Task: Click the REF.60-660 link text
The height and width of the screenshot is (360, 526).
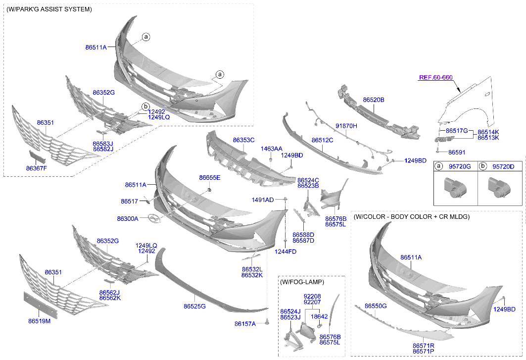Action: (435, 77)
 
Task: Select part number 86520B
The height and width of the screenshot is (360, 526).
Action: (374, 100)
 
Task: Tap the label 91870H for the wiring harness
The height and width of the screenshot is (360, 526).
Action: (346, 126)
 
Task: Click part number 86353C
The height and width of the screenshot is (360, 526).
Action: (243, 140)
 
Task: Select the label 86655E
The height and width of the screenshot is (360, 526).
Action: (210, 177)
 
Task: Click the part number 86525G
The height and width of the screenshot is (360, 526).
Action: (194, 307)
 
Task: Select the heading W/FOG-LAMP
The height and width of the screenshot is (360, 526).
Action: (302, 282)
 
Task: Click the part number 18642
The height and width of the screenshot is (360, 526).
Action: (319, 316)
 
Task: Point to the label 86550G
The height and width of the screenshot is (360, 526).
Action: (376, 307)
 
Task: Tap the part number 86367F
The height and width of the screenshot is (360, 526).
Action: (36, 168)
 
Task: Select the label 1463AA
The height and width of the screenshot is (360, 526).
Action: (272, 149)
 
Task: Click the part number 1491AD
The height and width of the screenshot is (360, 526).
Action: (262, 200)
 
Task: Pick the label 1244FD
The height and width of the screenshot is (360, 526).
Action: (286, 252)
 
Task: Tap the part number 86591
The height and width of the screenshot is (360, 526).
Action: (458, 153)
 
